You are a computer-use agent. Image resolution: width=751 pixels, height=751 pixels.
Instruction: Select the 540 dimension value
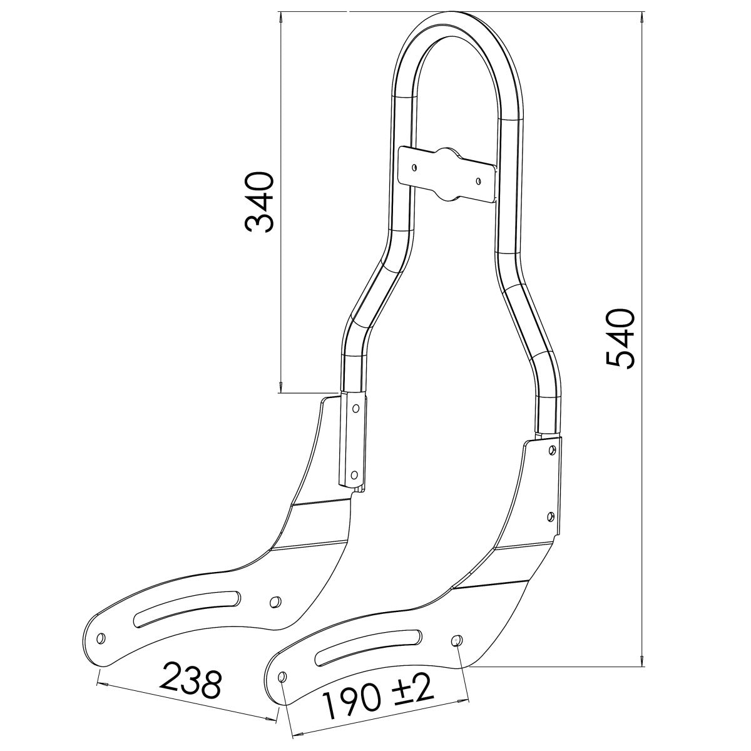point(621,338)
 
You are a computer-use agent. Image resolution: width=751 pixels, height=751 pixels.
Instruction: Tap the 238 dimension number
point(192,683)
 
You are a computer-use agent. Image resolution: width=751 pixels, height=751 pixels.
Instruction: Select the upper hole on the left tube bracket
point(356,408)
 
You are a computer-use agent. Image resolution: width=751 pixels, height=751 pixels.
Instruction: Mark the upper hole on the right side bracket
point(552,449)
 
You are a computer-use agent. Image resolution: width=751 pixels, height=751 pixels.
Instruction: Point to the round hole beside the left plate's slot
point(273,601)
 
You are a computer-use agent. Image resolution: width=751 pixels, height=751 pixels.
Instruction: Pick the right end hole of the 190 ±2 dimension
point(456,640)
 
